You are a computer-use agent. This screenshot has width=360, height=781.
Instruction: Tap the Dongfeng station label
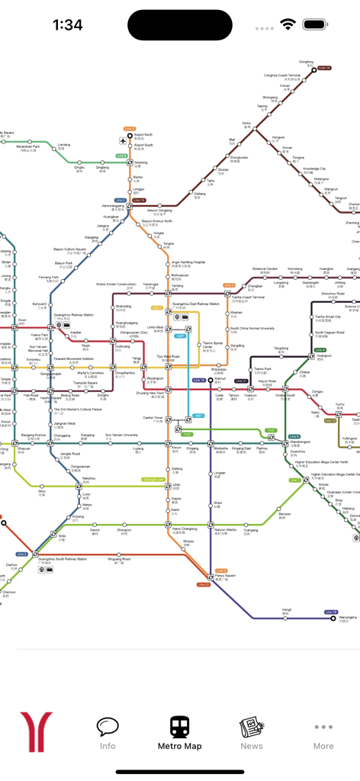306,62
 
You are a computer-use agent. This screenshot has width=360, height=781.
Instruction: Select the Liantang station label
64,145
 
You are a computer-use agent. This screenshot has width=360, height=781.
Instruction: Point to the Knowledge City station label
314,169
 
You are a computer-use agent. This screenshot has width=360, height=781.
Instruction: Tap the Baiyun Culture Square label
69,249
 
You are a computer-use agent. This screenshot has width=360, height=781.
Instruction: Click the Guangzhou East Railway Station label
197,304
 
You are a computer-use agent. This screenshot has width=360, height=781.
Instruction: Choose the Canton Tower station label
153,418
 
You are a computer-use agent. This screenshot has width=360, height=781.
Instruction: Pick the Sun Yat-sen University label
121,435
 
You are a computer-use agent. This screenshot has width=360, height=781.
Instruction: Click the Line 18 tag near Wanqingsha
331,612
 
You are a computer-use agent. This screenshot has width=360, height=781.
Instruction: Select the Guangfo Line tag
153,479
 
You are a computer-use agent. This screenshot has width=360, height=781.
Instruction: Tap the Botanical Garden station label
265,269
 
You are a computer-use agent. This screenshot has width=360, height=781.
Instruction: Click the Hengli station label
287,610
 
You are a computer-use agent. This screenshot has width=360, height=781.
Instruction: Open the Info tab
108,733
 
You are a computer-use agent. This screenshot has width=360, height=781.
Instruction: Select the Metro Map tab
180,733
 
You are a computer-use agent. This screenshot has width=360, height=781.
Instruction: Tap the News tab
252,733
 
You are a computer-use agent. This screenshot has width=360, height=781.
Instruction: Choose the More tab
323,733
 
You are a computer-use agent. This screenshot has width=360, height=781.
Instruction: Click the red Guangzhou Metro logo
36,732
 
